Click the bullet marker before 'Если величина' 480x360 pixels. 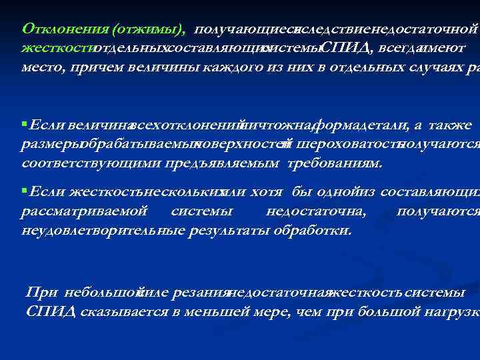pyautogui.click(x=24, y=125)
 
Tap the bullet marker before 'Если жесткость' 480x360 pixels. pyautogui.click(x=24, y=192)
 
